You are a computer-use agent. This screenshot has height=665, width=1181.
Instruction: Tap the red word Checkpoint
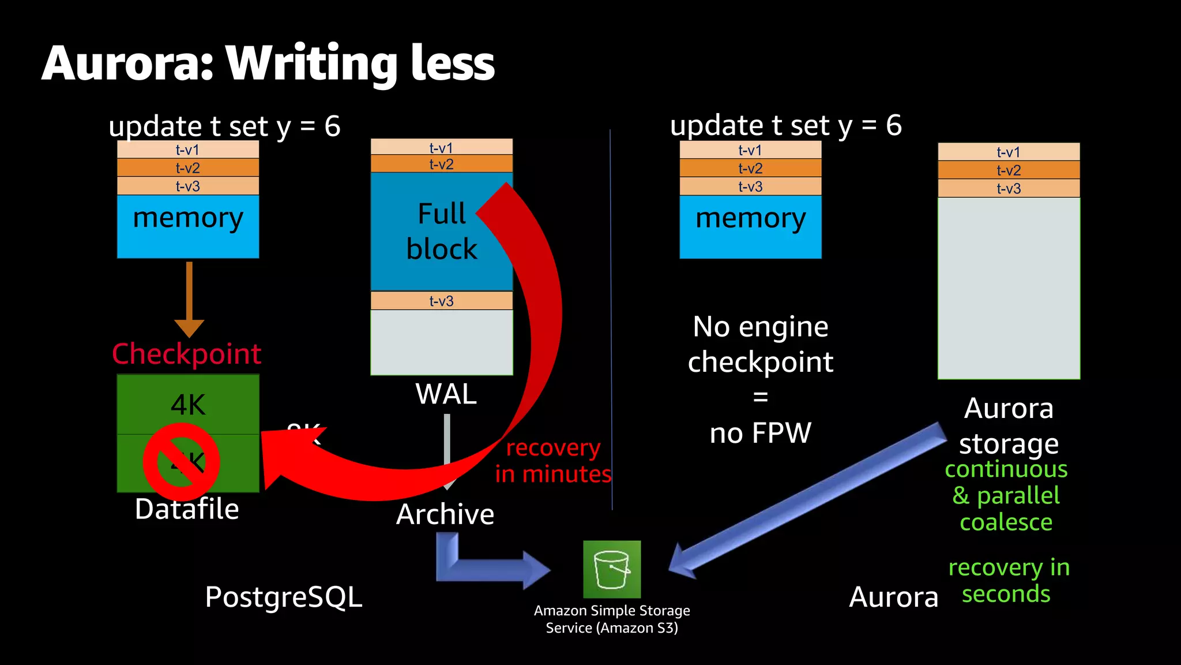pos(186,354)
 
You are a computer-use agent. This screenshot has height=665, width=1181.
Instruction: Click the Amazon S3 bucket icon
pos(611,569)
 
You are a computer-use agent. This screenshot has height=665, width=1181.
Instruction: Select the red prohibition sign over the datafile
pos(181,462)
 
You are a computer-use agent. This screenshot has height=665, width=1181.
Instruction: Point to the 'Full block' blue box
pos(427,231)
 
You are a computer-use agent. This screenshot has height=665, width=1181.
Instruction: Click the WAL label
pos(446,394)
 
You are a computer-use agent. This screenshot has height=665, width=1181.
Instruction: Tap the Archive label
pos(445,514)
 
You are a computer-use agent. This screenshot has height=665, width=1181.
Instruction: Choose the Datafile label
pos(186,509)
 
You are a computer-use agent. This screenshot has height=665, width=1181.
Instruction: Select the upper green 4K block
pos(188,404)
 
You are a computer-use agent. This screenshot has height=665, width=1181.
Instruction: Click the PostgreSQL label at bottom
pos(284,597)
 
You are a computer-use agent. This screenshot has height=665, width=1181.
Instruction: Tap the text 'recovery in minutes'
pos(552,461)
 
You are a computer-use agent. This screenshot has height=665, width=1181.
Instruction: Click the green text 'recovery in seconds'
pos(1008,580)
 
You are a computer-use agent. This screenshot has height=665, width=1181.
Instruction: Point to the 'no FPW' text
pos(760,433)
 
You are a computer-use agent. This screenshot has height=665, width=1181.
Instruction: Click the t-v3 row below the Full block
pos(441,301)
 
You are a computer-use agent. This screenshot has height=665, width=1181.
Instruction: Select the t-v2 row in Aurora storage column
pos(1009,170)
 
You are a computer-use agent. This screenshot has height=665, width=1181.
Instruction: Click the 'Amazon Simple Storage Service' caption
pos(612,619)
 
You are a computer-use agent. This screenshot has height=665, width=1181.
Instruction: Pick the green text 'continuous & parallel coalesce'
pos(1006,495)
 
